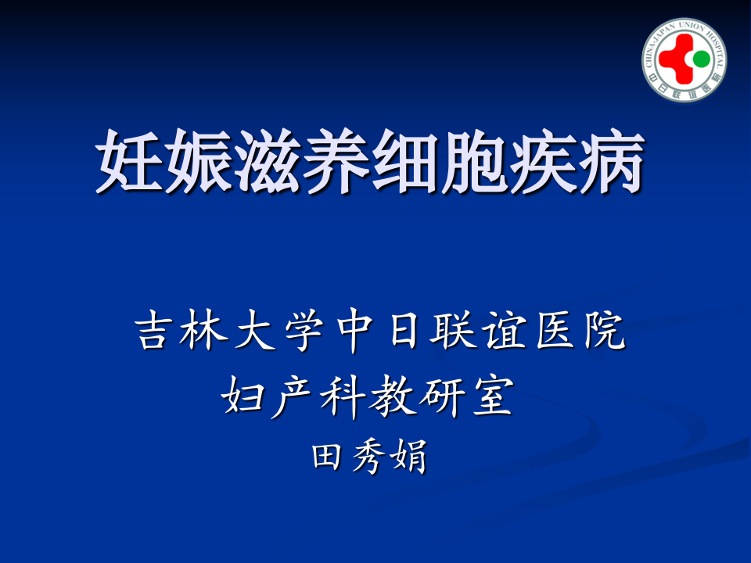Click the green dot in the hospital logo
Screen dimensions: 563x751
701,59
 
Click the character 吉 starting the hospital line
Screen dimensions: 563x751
156,332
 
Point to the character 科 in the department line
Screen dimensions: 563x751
343,398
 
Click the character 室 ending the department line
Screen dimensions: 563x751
492,398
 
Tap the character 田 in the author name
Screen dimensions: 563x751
328,456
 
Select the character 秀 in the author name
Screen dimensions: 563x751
368,456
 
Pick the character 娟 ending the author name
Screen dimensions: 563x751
409,456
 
